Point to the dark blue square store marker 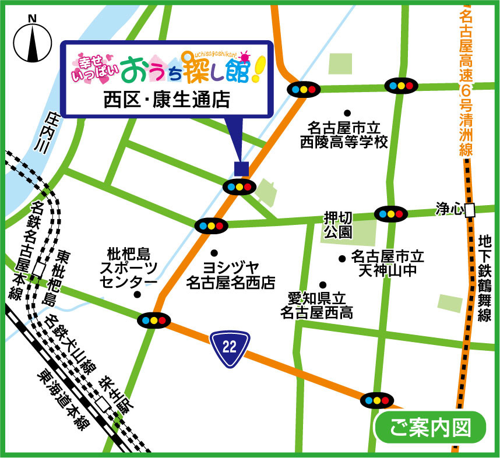click(241, 168)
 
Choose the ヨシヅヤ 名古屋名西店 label click(230, 275)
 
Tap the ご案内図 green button click(430, 427)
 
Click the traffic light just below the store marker click(240, 187)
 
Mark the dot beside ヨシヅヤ click(214, 253)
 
